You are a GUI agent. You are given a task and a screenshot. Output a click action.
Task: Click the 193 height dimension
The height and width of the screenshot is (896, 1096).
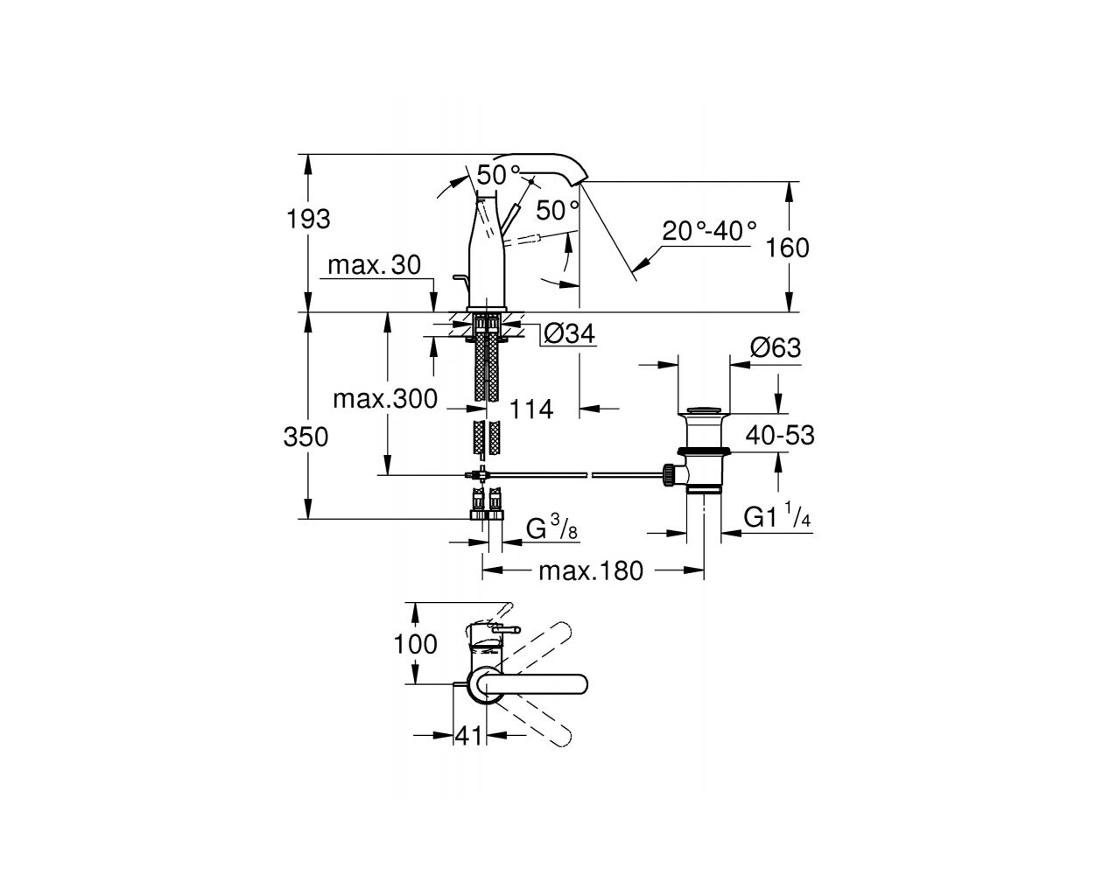tap(308, 220)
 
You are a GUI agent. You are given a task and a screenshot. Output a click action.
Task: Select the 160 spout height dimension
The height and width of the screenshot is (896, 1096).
tap(787, 248)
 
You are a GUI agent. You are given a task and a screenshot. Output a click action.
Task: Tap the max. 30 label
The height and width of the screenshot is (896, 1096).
tap(374, 265)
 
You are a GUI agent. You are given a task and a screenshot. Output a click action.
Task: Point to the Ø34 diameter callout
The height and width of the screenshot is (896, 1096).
tap(569, 333)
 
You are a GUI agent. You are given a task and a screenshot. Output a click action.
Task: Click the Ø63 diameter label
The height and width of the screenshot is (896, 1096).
tap(776, 347)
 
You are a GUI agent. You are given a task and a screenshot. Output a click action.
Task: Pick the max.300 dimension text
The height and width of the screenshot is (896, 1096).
tap(385, 399)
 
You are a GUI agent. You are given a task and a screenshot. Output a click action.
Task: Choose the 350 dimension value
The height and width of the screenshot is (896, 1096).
tap(306, 437)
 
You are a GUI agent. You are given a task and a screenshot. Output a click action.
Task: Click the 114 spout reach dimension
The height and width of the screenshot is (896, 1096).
tap(531, 409)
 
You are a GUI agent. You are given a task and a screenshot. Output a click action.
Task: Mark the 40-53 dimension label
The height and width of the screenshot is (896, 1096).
tap(780, 435)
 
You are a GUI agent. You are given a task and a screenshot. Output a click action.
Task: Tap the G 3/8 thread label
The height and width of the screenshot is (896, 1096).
tap(552, 528)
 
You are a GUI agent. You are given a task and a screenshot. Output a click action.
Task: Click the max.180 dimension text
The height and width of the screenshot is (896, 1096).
tap(591, 570)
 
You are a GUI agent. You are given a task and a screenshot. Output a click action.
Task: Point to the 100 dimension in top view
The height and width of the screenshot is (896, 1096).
tap(415, 645)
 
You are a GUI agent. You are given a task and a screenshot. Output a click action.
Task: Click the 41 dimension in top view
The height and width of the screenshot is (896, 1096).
tap(469, 736)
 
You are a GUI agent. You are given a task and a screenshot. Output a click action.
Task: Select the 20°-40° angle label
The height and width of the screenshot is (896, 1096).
tap(709, 231)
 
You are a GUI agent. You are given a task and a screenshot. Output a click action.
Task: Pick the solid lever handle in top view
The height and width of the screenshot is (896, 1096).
tap(535, 683)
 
